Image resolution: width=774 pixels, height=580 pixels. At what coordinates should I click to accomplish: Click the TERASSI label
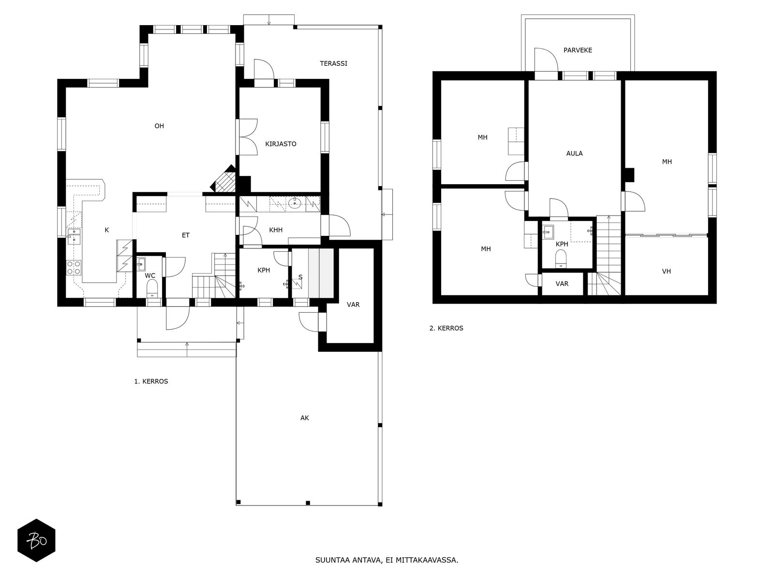[333, 63]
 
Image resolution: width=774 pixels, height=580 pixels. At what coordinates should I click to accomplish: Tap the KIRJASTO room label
[281, 144]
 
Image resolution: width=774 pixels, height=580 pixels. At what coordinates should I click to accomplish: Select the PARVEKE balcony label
[578, 50]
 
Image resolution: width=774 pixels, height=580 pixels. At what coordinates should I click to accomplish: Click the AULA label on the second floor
[574, 153]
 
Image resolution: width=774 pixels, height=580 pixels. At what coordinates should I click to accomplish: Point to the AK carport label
[305, 418]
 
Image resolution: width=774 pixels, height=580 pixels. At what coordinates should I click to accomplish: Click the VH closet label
[666, 271]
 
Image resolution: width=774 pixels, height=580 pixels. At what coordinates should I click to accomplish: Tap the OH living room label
[159, 126]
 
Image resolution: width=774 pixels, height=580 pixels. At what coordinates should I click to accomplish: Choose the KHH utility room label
[276, 230]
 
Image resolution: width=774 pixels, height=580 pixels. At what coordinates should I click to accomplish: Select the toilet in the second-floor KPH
[561, 259]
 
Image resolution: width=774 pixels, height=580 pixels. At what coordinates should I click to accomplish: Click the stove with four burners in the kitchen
[74, 267]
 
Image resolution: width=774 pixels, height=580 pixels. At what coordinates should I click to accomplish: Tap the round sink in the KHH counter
[294, 203]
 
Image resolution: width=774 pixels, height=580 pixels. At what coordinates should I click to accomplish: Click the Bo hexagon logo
[36, 540]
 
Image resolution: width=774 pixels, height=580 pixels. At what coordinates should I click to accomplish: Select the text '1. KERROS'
[151, 381]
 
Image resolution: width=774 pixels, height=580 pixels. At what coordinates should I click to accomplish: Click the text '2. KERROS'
[446, 328]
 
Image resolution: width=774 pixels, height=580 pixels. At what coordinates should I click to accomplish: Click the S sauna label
[300, 277]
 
